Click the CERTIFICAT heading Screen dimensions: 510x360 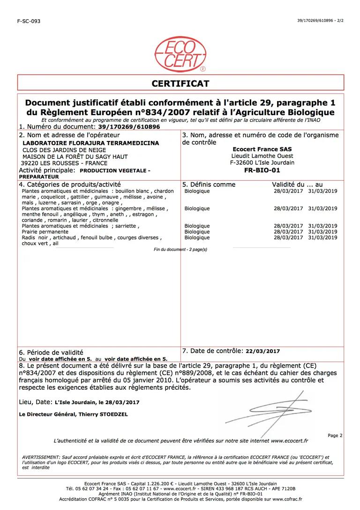click(x=180, y=83)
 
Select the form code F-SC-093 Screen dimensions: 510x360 click(x=29, y=21)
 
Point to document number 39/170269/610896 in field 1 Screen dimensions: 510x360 click(x=129, y=127)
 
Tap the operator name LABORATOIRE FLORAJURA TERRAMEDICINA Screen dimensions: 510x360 click(x=91, y=143)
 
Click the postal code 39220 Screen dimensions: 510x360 click(x=30, y=163)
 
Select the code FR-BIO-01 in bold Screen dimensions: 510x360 click(x=262, y=170)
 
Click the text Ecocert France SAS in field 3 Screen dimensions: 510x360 click(x=262, y=149)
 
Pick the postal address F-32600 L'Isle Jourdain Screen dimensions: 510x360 click(x=262, y=163)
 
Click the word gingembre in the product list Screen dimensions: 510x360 click(x=128, y=208)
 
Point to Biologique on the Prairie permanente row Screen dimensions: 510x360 click(x=197, y=232)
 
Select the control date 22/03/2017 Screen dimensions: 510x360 click(x=262, y=351)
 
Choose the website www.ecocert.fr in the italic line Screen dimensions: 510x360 click(x=289, y=441)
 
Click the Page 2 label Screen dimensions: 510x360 click(x=335, y=436)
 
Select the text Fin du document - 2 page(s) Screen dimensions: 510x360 click(x=180, y=250)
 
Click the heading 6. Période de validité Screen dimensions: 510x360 click(x=51, y=352)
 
